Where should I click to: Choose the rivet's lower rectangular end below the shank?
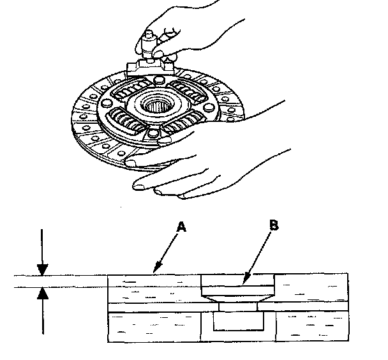pyautogui.click(x=237, y=322)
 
